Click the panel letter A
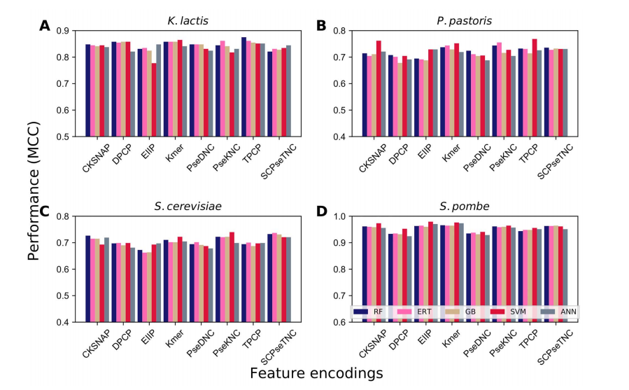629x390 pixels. (x=45, y=27)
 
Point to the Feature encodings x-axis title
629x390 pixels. (x=316, y=373)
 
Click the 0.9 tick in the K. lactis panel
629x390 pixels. (x=69, y=31)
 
